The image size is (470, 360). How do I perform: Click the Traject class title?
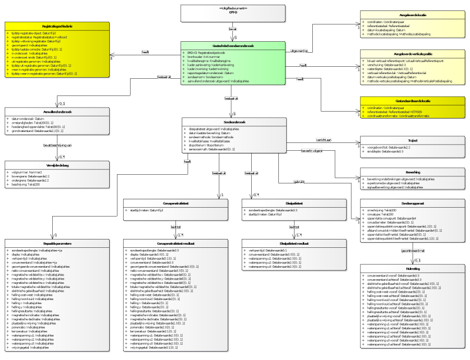412,140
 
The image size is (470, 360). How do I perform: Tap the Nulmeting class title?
412,268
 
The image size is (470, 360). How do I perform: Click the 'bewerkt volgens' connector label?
310,151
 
